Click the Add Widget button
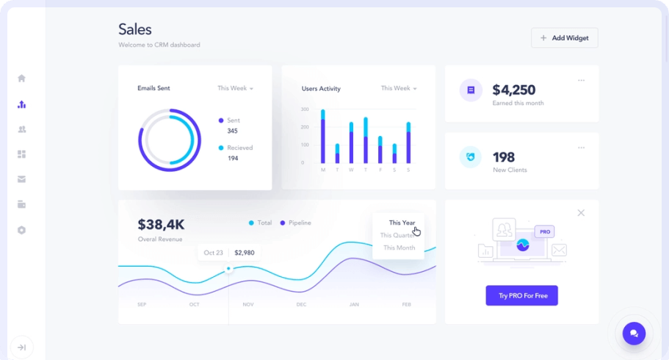pyautogui.click(x=564, y=37)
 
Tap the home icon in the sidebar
pyautogui.click(x=22, y=79)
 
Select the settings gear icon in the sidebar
pyautogui.click(x=22, y=230)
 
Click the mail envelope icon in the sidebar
pyautogui.click(x=22, y=179)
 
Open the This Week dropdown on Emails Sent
pyautogui.click(x=235, y=88)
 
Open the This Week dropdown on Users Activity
pyautogui.click(x=399, y=88)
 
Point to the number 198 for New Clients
pyautogui.click(x=504, y=156)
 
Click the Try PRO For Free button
pyautogui.click(x=521, y=295)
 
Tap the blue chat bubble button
pyautogui.click(x=634, y=334)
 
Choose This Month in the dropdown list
pyautogui.click(x=399, y=248)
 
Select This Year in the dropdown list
pyautogui.click(x=402, y=223)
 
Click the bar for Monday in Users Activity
pyautogui.click(x=323, y=137)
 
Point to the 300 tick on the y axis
pyautogui.click(x=304, y=109)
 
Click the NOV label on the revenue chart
pyautogui.click(x=248, y=304)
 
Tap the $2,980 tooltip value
pyautogui.click(x=244, y=253)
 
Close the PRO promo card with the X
pyautogui.click(x=581, y=213)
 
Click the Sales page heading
pyautogui.click(x=135, y=29)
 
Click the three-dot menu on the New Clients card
pyautogui.click(x=581, y=148)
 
